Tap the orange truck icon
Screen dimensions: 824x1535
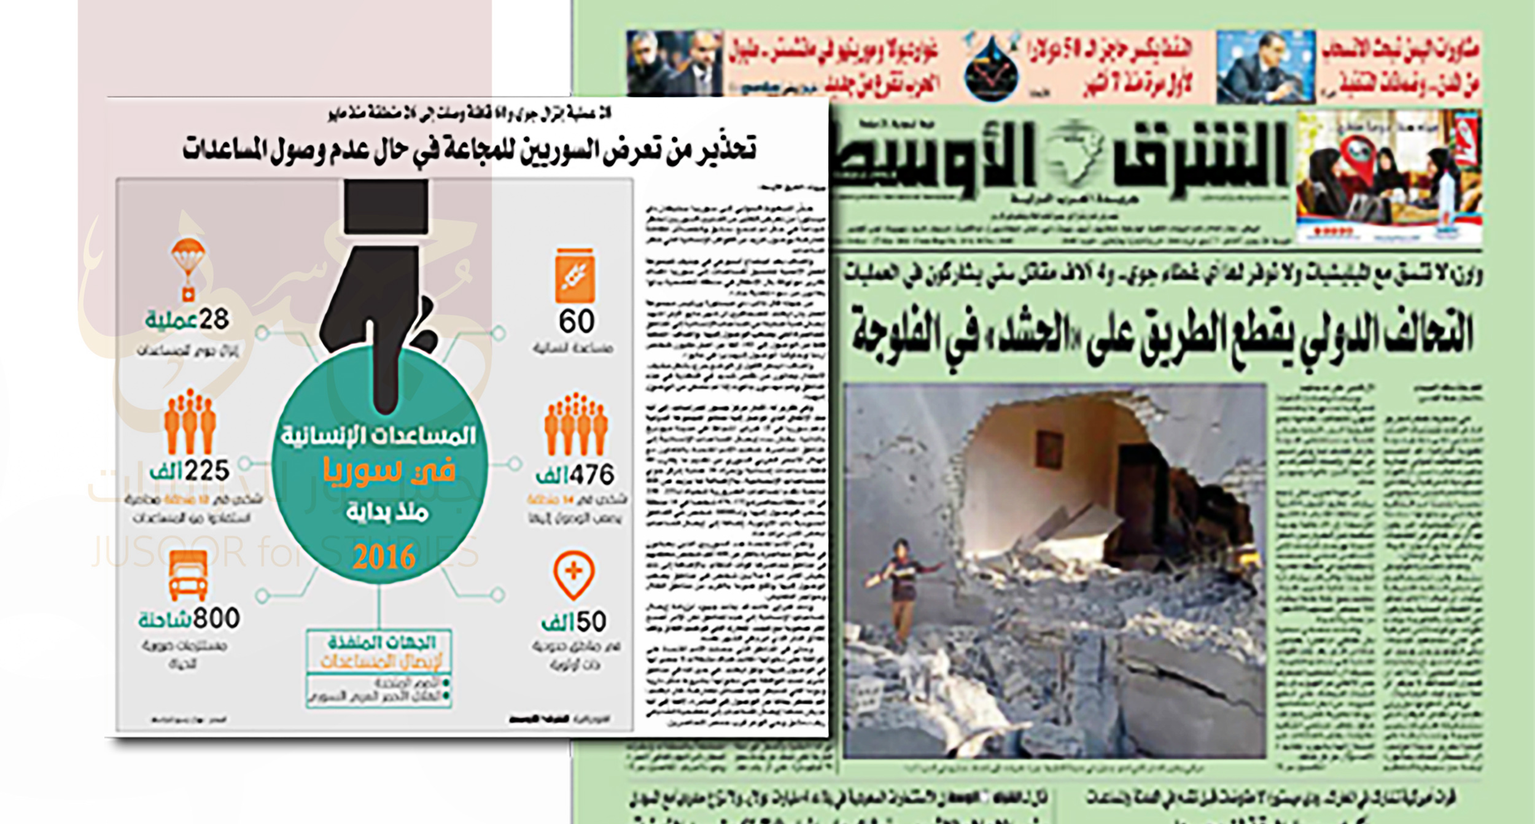click(x=188, y=575)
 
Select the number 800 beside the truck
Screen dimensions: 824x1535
click(x=216, y=618)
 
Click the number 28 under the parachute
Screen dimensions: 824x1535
click(x=214, y=319)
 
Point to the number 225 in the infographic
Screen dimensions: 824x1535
click(x=207, y=471)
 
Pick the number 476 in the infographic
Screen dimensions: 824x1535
click(x=591, y=475)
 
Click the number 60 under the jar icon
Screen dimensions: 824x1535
click(x=576, y=321)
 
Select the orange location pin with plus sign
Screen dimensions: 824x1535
click(x=573, y=575)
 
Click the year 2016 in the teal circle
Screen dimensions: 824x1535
click(x=384, y=558)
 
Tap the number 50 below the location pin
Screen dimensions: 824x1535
click(x=591, y=622)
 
